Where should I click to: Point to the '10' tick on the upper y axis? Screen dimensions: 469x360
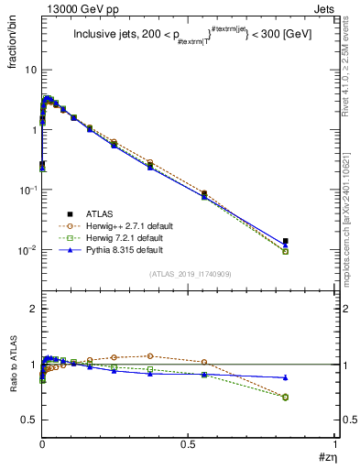30,70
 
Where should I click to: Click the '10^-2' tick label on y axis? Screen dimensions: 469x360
27,250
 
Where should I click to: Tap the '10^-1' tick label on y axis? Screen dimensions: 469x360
27,190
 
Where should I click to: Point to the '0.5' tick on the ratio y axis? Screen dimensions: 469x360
30,420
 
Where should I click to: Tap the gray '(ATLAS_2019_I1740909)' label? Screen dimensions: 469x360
190,274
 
